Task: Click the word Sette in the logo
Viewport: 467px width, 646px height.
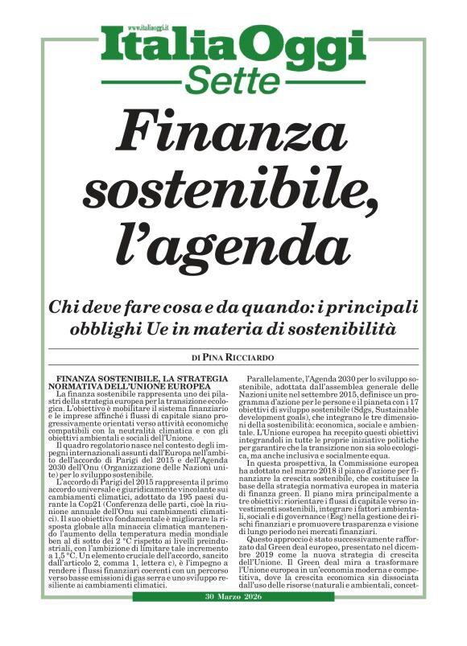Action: pos(233,80)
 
